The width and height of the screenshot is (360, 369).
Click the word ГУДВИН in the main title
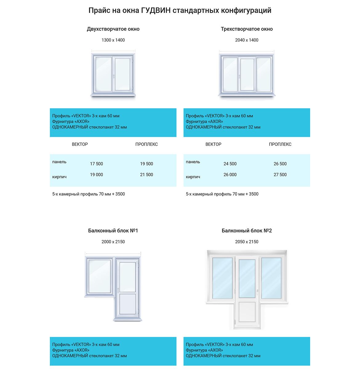point(156,10)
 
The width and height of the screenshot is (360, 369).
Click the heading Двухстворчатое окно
point(113,29)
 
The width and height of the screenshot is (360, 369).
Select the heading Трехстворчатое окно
point(247,29)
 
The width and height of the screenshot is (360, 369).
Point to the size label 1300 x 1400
point(113,40)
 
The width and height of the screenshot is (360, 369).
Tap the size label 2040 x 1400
point(247,40)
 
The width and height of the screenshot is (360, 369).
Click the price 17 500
point(97,164)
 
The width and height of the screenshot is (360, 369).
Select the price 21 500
point(146,175)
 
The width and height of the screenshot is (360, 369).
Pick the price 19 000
point(97,175)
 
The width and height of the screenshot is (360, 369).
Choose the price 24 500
point(230,164)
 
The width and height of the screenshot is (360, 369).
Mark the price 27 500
point(280,175)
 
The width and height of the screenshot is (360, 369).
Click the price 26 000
point(230,175)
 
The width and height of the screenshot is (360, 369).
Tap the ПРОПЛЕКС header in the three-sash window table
point(280,144)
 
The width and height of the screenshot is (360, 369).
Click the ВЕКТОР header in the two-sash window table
point(80,144)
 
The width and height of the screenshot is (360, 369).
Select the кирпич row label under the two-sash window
point(59,177)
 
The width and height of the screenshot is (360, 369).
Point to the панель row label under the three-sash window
point(193,162)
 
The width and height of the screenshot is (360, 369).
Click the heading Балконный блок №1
point(113,231)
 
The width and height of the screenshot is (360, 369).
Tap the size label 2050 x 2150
point(247,242)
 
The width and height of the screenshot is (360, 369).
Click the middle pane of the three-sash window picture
point(247,74)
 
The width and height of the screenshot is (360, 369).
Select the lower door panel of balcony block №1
point(127,304)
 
